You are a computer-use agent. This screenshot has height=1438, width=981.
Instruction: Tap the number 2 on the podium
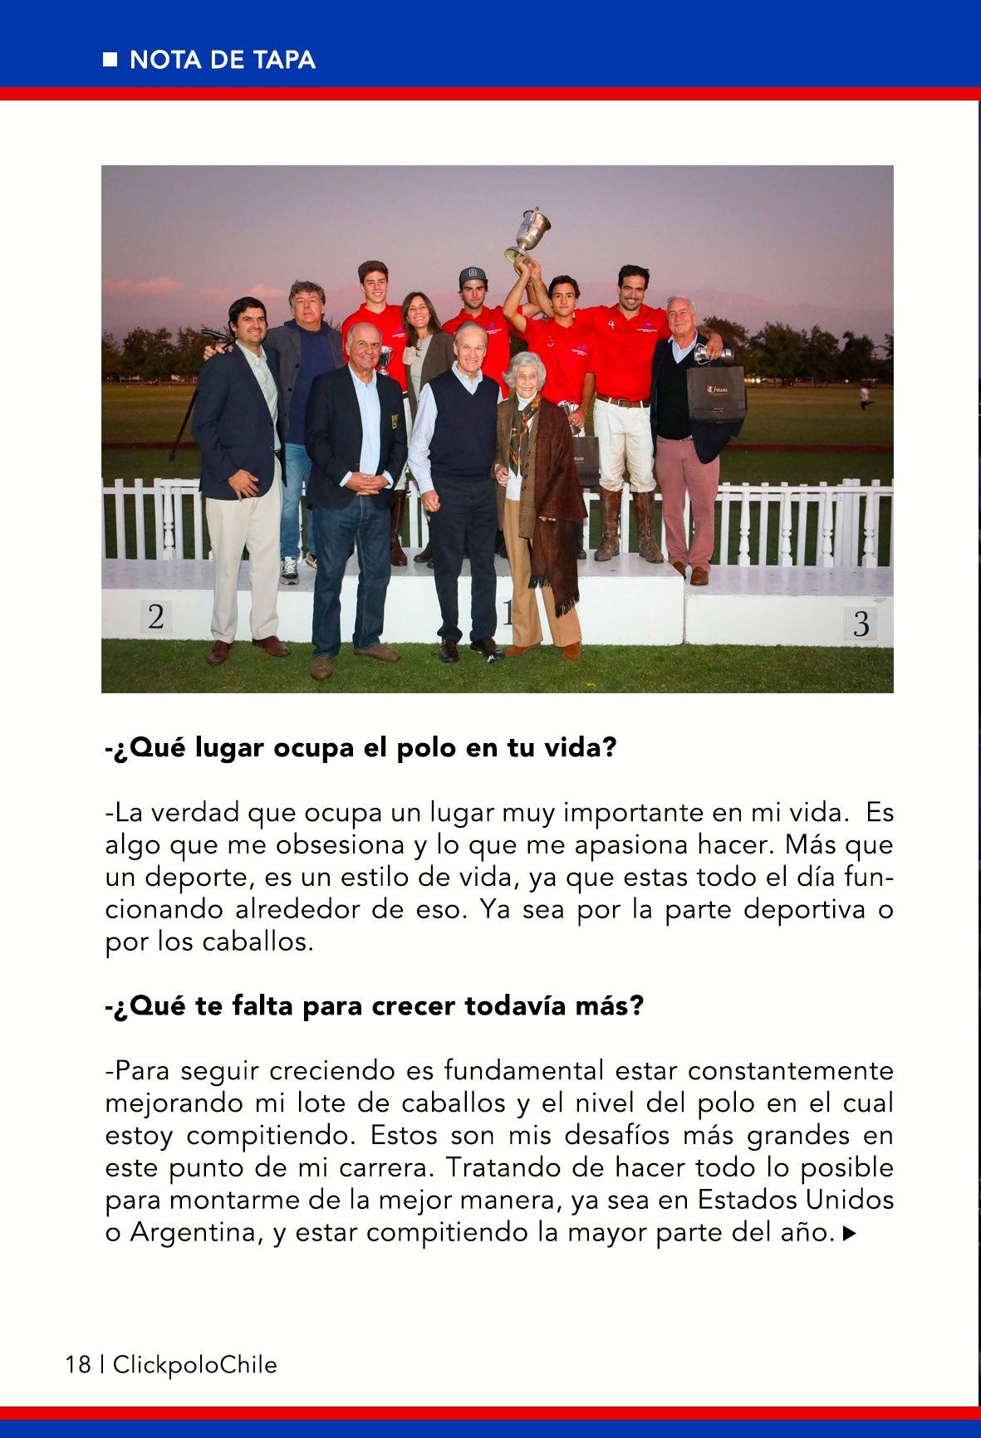click(x=155, y=617)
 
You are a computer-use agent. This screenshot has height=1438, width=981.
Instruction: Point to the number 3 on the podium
click(x=861, y=624)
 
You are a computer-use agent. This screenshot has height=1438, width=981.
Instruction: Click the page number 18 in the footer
click(x=78, y=1363)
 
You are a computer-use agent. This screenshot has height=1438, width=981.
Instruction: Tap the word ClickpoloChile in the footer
click(x=194, y=1363)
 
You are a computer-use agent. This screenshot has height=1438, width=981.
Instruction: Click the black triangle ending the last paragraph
click(x=849, y=1235)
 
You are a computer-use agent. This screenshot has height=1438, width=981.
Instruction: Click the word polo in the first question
click(x=416, y=747)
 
